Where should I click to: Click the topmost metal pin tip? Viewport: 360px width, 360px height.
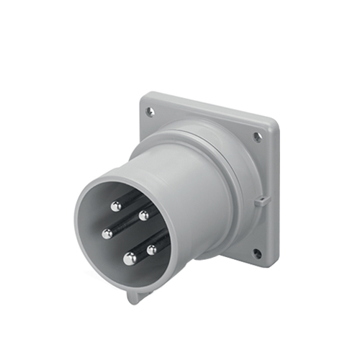click(x=115, y=206)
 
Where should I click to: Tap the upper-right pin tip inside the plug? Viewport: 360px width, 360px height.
click(x=144, y=215)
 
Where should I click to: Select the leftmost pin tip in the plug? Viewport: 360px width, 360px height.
click(x=107, y=233)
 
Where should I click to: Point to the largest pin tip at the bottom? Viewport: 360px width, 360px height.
click(x=130, y=258)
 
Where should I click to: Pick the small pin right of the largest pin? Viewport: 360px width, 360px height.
click(x=152, y=250)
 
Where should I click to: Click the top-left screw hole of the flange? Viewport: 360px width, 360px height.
click(x=150, y=112)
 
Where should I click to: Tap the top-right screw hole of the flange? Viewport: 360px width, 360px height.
click(x=258, y=137)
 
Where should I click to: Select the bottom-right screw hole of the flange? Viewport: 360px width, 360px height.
click(x=257, y=253)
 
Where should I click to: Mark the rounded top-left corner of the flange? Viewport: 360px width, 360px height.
click(x=145, y=97)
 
